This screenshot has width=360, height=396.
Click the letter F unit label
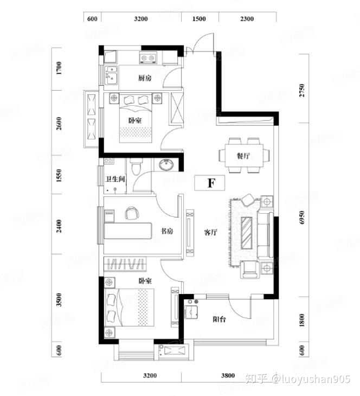coord(211,183)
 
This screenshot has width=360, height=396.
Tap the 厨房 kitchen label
coord(145,78)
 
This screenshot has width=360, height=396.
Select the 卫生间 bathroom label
coord(115,179)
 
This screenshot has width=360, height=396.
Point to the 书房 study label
coord(167,231)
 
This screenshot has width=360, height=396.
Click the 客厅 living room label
coord(210,232)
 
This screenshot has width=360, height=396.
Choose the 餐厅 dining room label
coord(243,156)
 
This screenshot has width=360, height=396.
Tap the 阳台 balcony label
coord(219,319)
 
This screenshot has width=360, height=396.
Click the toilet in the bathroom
coord(136,167)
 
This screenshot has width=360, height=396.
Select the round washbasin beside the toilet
coord(166,165)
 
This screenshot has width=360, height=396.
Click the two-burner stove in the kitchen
coord(148,58)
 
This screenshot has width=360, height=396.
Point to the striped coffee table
coord(246,233)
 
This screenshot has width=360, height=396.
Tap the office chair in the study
coord(132,213)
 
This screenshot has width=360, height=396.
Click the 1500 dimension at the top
coord(199,19)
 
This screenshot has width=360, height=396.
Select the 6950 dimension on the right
coord(301,218)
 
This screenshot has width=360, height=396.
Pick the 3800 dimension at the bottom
coord(228,375)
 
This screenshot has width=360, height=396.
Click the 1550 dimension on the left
coord(59,176)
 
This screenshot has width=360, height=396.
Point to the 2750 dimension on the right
coord(301,90)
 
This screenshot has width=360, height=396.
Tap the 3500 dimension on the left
coord(59,300)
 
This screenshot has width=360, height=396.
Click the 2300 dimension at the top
coord(247,19)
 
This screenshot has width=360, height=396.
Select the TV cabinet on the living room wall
coord(190,233)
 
